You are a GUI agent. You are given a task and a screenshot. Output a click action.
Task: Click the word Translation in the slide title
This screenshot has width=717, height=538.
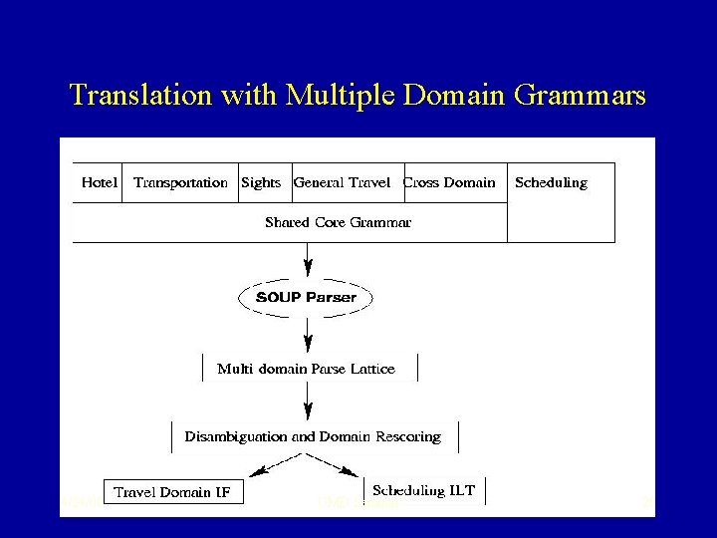tap(134, 96)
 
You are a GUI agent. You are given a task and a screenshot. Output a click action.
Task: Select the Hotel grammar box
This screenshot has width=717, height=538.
tap(100, 182)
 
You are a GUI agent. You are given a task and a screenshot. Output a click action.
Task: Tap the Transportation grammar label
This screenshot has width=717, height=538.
tap(180, 182)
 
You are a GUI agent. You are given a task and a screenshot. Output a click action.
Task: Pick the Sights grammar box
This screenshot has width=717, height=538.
tap(262, 182)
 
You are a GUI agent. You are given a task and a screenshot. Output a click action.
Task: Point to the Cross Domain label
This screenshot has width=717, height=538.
tap(449, 182)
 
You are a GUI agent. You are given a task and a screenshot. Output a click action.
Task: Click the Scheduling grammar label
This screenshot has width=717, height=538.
tap(551, 182)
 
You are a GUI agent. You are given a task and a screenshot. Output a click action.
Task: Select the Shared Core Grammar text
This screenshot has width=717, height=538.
tap(338, 222)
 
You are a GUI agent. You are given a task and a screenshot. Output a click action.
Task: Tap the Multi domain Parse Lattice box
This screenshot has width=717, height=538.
tap(307, 369)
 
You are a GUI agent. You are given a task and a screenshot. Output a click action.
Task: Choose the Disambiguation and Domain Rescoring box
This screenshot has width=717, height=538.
tap(313, 436)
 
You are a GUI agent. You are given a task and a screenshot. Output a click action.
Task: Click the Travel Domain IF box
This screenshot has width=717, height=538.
tap(175, 492)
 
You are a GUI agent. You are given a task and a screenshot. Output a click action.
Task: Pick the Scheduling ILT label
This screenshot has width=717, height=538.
tap(423, 490)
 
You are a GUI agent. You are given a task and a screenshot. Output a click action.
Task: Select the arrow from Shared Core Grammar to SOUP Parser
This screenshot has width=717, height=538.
tap(308, 261)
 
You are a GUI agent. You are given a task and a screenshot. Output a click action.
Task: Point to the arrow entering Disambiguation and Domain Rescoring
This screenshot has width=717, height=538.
tap(308, 402)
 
